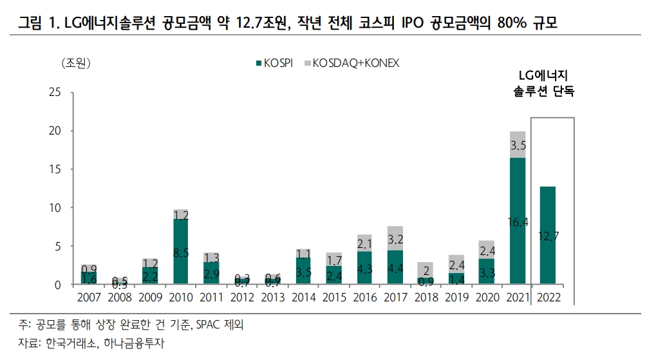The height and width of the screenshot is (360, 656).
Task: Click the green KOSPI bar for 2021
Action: pyautogui.click(x=518, y=220)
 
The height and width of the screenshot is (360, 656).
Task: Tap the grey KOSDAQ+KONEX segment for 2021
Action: pyautogui.click(x=518, y=145)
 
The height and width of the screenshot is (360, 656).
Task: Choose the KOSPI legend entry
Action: pyautogui.click(x=276, y=62)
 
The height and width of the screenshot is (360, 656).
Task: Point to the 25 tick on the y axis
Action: pyautogui.click(x=54, y=92)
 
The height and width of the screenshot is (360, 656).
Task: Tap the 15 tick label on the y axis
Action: pyautogui.click(x=54, y=169)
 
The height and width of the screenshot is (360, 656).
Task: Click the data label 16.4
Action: pyautogui.click(x=518, y=222)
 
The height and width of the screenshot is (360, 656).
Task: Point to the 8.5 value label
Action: pyautogui.click(x=181, y=253)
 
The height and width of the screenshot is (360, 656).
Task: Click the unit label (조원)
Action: pyautogui.click(x=76, y=63)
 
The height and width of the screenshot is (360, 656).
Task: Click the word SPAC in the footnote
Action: pyautogui.click(x=211, y=324)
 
